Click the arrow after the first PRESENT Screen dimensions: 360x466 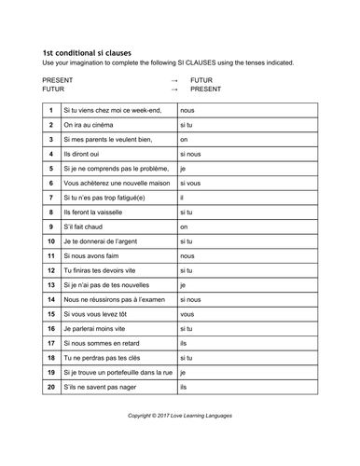[x=174, y=80]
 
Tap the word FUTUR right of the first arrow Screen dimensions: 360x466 [x=201, y=80]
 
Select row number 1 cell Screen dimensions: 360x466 [x=51, y=111]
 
